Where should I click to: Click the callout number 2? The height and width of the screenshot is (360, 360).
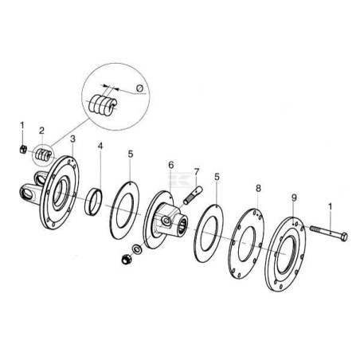(x=41, y=131)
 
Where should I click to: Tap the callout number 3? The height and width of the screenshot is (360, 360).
(x=72, y=139)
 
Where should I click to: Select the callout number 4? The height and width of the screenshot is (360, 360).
(x=100, y=146)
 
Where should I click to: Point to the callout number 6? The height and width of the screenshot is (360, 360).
(x=171, y=165)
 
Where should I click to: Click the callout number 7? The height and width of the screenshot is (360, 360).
(x=196, y=172)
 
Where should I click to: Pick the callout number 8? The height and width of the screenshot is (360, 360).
(x=258, y=188)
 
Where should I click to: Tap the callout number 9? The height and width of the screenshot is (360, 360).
(x=294, y=198)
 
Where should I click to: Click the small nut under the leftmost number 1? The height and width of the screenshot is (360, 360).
(x=23, y=149)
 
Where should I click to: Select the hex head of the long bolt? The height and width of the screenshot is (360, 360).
(x=344, y=237)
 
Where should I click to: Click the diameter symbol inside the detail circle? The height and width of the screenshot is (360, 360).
(x=140, y=88)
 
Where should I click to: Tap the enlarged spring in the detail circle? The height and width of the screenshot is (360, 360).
(x=103, y=104)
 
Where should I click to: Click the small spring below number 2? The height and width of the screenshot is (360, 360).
(x=43, y=155)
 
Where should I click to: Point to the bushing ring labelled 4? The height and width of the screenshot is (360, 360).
(x=93, y=202)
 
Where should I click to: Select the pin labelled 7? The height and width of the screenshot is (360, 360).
(x=193, y=196)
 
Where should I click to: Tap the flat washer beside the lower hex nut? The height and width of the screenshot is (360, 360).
(x=137, y=249)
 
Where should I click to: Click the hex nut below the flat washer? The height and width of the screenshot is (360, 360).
(x=126, y=259)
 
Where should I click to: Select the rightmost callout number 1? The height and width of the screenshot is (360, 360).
(x=330, y=206)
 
